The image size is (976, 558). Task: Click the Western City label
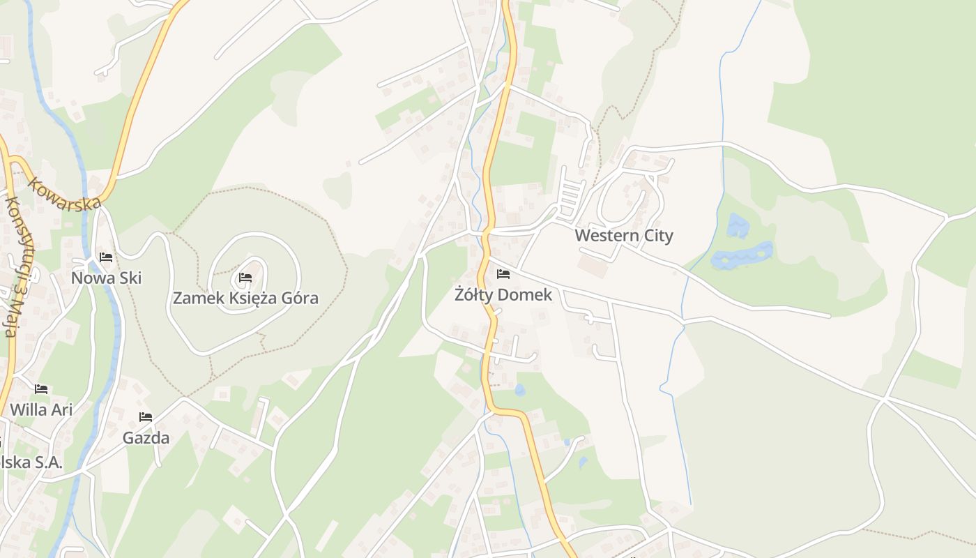coord(624,235)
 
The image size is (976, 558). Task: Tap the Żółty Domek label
coord(503,295)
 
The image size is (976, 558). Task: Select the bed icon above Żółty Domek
coord(503,274)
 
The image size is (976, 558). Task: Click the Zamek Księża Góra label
coord(245,299)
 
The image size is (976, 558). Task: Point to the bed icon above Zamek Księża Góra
coord(245,278)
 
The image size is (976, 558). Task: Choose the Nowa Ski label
coord(106,278)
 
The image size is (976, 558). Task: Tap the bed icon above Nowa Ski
coord(106,257)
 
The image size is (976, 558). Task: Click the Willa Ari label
coord(41,409)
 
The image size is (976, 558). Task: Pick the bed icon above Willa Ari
coord(41,389)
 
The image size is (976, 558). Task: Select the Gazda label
coord(146,438)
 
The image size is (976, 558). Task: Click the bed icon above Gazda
coord(146,417)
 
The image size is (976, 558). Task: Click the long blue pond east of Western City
coord(742,255)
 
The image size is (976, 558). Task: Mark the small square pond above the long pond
coord(737,225)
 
